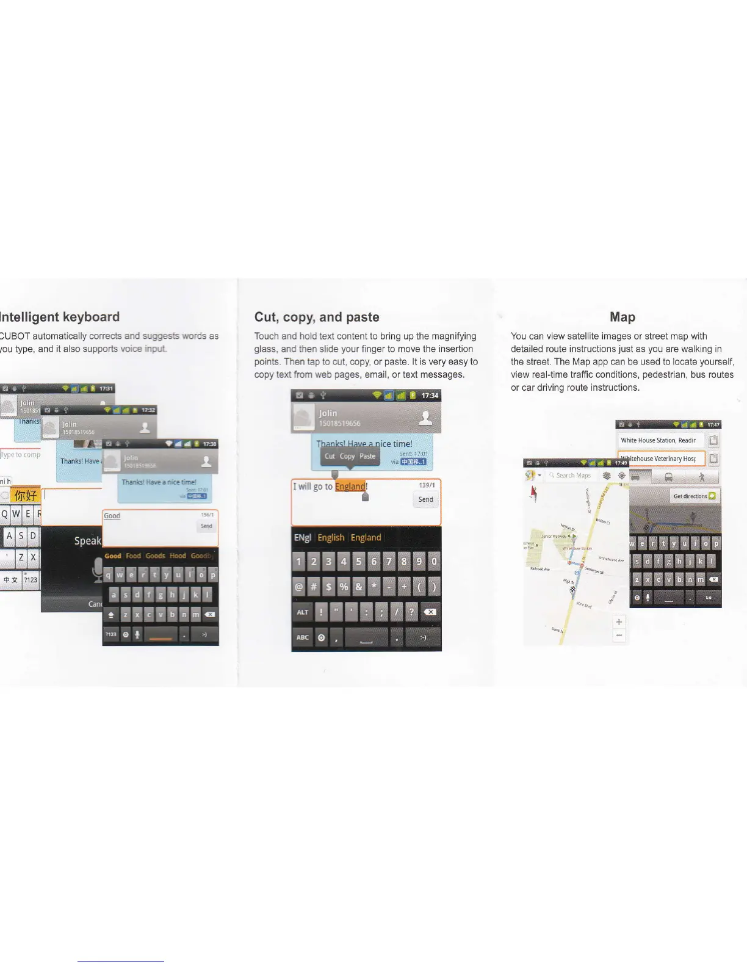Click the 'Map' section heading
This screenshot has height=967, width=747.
(x=622, y=317)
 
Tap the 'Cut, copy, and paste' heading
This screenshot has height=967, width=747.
(x=317, y=317)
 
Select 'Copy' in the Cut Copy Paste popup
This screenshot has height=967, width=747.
(x=347, y=456)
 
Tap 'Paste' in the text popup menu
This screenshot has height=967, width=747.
(x=367, y=456)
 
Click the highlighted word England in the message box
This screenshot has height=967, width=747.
(x=350, y=487)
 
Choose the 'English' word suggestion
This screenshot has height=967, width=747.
(x=331, y=537)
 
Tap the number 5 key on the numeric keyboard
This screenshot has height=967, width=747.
(x=359, y=562)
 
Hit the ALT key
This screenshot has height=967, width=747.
(x=303, y=612)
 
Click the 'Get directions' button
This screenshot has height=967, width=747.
(x=695, y=496)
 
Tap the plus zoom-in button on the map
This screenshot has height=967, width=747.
(x=619, y=621)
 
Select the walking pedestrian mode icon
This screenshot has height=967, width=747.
(x=702, y=477)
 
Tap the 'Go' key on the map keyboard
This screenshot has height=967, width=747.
(x=708, y=598)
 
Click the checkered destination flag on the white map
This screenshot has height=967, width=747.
(x=572, y=590)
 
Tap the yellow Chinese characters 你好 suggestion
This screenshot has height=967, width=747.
(x=25, y=495)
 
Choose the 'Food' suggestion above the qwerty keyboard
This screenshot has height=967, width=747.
(x=133, y=556)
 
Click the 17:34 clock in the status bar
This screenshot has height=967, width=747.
(x=430, y=396)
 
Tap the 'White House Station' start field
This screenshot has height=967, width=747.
(x=659, y=440)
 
